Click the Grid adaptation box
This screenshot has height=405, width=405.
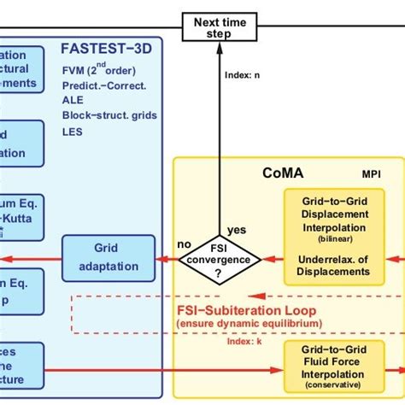point(109,257)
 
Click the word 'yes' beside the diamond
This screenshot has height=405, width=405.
point(238,229)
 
